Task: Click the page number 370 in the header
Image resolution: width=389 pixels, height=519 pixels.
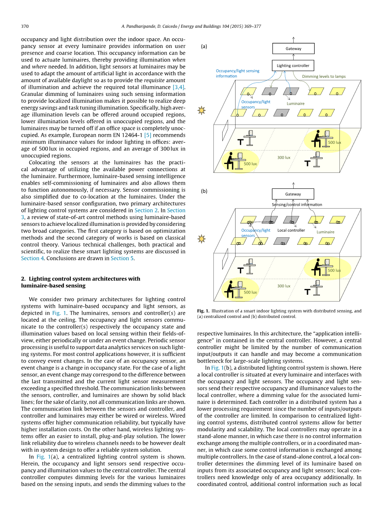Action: pyautogui.click(x=25, y=26)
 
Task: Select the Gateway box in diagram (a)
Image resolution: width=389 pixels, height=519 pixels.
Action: pyautogui.click(x=293, y=49)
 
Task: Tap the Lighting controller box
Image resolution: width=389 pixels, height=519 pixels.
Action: pyautogui.click(x=293, y=66)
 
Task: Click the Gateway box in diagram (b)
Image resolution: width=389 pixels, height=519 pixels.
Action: pyautogui.click(x=293, y=194)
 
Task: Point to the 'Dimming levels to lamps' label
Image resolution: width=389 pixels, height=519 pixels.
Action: pyautogui.click(x=324, y=77)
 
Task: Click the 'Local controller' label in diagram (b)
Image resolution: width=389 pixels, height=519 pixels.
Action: pyautogui.click(x=291, y=230)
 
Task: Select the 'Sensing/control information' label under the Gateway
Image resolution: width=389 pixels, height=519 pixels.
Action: pyautogui.click(x=297, y=205)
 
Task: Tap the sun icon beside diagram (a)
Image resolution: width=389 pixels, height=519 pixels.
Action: pyautogui.click(x=202, y=111)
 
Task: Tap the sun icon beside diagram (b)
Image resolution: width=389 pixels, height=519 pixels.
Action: pyautogui.click(x=202, y=239)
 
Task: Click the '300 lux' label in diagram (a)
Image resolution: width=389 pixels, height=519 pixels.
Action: pyautogui.click(x=284, y=158)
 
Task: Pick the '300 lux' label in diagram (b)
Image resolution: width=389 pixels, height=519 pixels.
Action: pyautogui.click(x=284, y=286)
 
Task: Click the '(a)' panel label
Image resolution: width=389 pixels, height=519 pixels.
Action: pyautogui.click(x=204, y=47)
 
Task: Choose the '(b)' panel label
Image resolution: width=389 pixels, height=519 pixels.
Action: pyautogui.click(x=204, y=191)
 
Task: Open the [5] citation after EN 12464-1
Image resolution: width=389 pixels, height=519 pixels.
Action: pyautogui.click(x=147, y=135)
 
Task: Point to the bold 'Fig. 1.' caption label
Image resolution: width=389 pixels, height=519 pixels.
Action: pyautogui.click(x=203, y=311)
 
